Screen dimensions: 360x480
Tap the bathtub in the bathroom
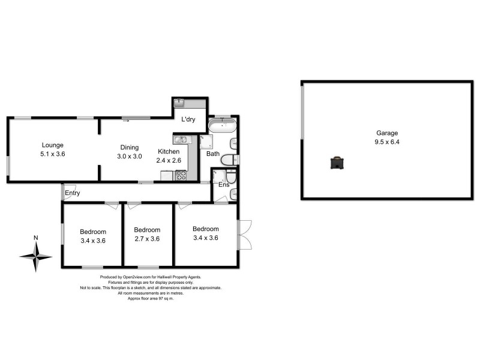click(223, 125)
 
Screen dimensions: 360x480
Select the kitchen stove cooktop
click(181, 175)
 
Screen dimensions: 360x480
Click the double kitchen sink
click(181, 140)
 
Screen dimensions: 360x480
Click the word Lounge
click(53, 145)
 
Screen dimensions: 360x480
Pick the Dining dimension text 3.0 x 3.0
click(129, 156)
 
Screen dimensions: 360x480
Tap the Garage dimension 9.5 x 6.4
click(387, 142)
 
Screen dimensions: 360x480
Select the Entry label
click(73, 193)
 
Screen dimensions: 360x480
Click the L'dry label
click(189, 119)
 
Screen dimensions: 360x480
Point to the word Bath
click(213, 154)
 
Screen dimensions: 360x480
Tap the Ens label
click(224, 185)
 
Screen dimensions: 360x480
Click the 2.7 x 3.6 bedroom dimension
click(147, 238)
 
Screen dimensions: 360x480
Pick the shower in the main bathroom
click(208, 142)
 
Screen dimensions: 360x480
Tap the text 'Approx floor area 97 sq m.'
click(151, 298)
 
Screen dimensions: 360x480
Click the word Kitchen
click(169, 152)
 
